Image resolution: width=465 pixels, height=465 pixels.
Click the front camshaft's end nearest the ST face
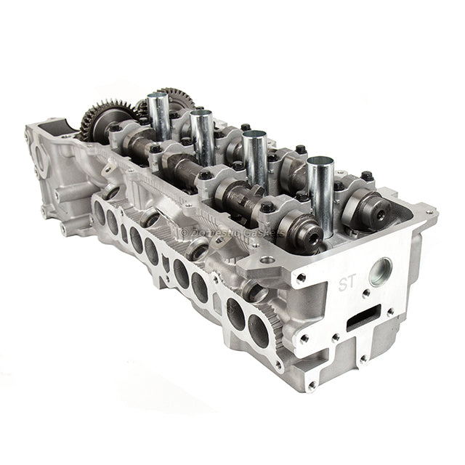point(309,236)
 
